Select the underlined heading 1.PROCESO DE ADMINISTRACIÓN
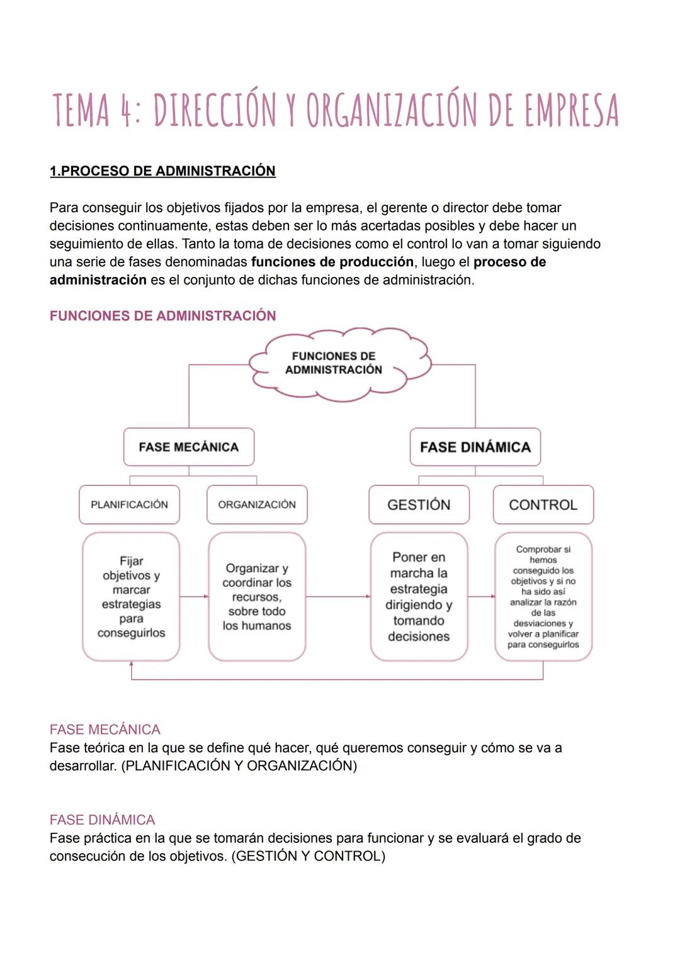(162, 171)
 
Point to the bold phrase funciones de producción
(332, 262)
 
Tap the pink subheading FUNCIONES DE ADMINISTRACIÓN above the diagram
(162, 316)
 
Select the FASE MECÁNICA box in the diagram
(189, 447)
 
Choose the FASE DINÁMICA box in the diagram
(475, 447)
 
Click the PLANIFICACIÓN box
(129, 504)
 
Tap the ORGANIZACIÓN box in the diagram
(257, 504)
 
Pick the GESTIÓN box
(419, 504)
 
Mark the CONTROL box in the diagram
(543, 504)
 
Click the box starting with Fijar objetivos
(131, 596)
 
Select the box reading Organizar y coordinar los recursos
(257, 596)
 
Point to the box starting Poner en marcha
(419, 596)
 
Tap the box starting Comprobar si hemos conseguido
(543, 596)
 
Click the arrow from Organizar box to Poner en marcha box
(337, 596)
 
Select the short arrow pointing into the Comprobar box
(482, 596)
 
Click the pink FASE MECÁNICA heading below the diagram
(105, 730)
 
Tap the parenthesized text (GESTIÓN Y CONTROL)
(309, 856)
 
